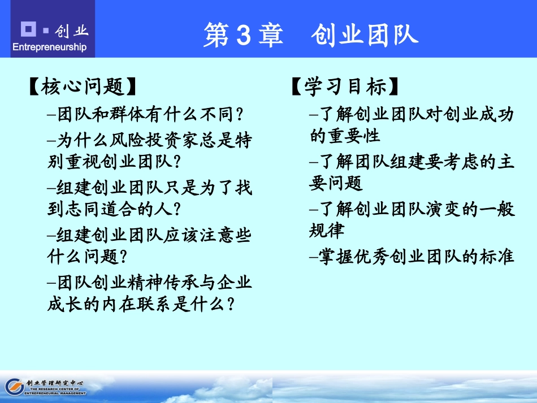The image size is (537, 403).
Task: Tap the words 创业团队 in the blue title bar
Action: tap(364, 35)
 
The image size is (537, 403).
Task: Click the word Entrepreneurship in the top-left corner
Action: tap(49, 47)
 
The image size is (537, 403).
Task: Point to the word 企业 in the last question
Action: tap(234, 281)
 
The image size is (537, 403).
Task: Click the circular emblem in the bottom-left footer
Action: tap(13, 386)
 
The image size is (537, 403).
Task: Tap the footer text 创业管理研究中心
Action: tap(55, 383)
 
